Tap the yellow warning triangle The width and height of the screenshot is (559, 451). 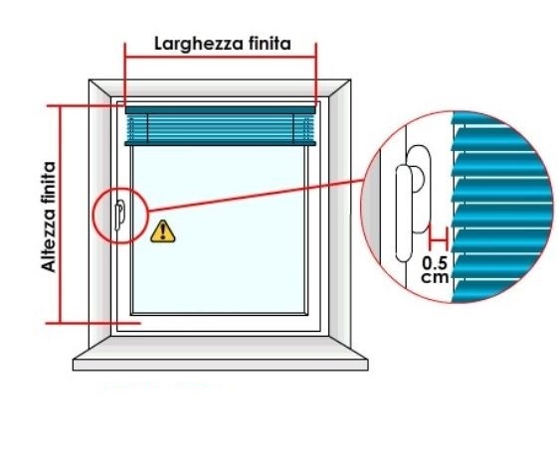tap(162, 231)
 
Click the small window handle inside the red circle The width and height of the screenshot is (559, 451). tap(119, 215)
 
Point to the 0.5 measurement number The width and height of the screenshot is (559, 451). tap(435, 263)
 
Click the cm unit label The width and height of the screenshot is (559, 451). tap(435, 277)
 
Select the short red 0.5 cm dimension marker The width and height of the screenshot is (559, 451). tap(438, 239)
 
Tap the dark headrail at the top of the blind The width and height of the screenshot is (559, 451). tap(221, 110)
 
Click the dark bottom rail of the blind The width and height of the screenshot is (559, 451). tap(221, 143)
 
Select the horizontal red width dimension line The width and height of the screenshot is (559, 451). tap(221, 57)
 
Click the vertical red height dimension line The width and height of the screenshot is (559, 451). tap(61, 215)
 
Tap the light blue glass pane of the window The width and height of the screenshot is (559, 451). tap(218, 229)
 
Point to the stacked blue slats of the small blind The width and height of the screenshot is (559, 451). tap(221, 127)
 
